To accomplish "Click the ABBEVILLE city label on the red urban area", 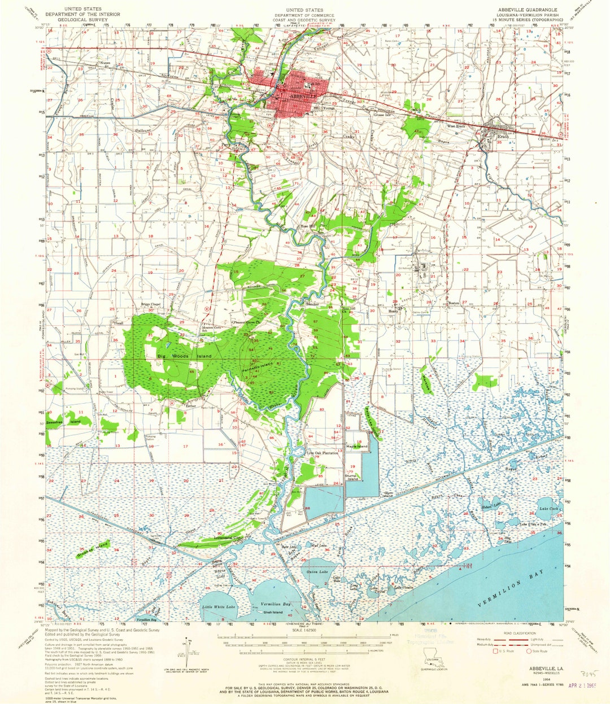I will pos(303,97).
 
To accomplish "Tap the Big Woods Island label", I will pos(184,356).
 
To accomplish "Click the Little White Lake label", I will pos(219,606).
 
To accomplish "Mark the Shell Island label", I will pos(273,612).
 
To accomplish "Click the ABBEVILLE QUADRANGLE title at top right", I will pos(518,10).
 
